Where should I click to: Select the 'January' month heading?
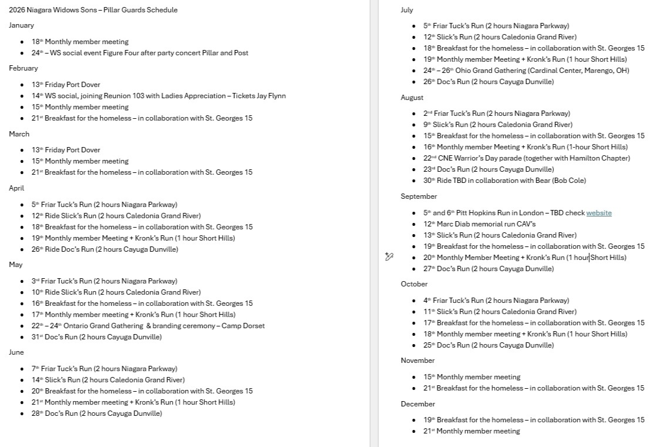[21, 25]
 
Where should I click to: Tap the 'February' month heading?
[23, 68]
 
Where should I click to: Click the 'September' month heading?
[419, 196]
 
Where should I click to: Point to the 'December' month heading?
[418, 404]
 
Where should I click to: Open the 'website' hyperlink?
[599, 213]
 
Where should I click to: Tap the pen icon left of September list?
[389, 256]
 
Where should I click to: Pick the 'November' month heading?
[418, 361]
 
